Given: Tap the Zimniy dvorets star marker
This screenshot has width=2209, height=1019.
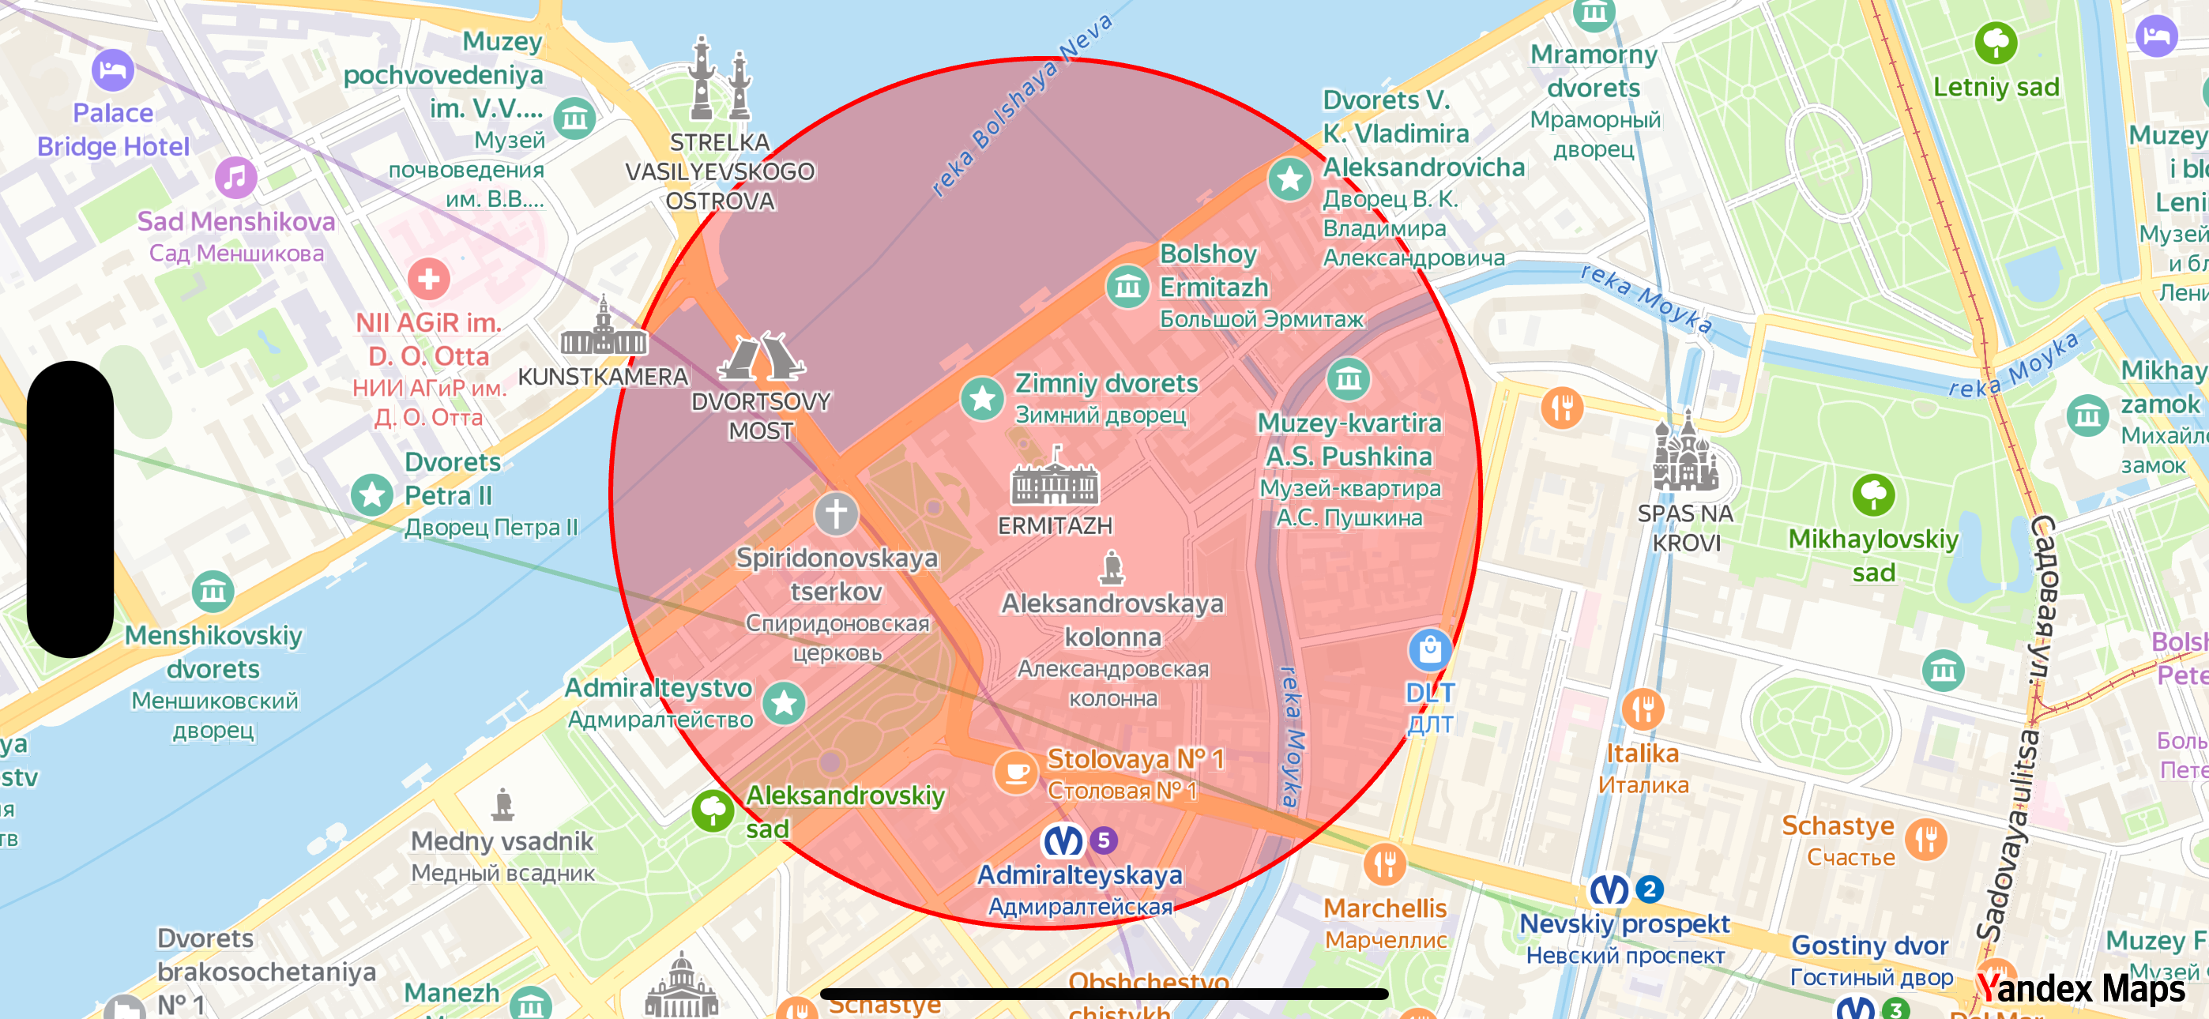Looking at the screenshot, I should tap(982, 398).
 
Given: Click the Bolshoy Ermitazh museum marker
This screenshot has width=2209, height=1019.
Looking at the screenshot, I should tap(1127, 286).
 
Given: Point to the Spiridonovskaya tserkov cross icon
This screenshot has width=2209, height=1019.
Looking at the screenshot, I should tap(836, 513).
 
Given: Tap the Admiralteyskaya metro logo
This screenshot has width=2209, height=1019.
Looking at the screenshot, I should tap(1063, 840).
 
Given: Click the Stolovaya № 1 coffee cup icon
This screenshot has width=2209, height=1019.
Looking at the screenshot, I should tap(1016, 772).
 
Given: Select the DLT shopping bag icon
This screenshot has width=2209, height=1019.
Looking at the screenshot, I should tap(1429, 650).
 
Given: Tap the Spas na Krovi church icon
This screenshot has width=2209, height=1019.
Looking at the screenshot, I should tap(1686, 455).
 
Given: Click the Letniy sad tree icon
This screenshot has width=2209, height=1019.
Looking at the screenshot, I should tap(1996, 42).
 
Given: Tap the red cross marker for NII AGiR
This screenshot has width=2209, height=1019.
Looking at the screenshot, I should tap(429, 278).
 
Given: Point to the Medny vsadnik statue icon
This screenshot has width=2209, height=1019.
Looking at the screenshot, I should tap(503, 805).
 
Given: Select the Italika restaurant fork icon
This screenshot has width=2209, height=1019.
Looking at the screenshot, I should tap(1643, 709).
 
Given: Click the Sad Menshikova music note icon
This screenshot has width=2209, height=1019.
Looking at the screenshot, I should tap(235, 178).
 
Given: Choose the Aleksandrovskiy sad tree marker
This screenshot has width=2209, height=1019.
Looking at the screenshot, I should tap(713, 810).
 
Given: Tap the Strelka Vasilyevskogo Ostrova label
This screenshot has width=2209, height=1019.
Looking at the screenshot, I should tap(721, 171).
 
